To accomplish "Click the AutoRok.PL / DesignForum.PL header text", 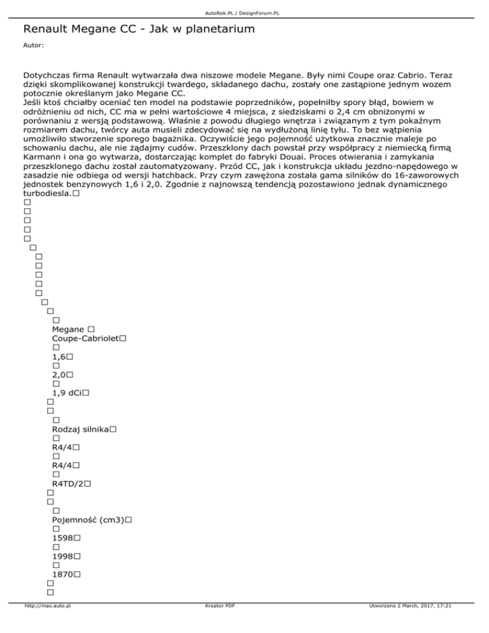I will [x=244, y=13].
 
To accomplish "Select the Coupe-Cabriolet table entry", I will [x=85, y=339].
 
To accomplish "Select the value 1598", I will [x=62, y=539].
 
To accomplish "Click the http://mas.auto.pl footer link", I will [x=46, y=624].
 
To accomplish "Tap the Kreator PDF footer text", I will [x=217, y=624].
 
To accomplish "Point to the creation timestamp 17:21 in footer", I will [x=445, y=624].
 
